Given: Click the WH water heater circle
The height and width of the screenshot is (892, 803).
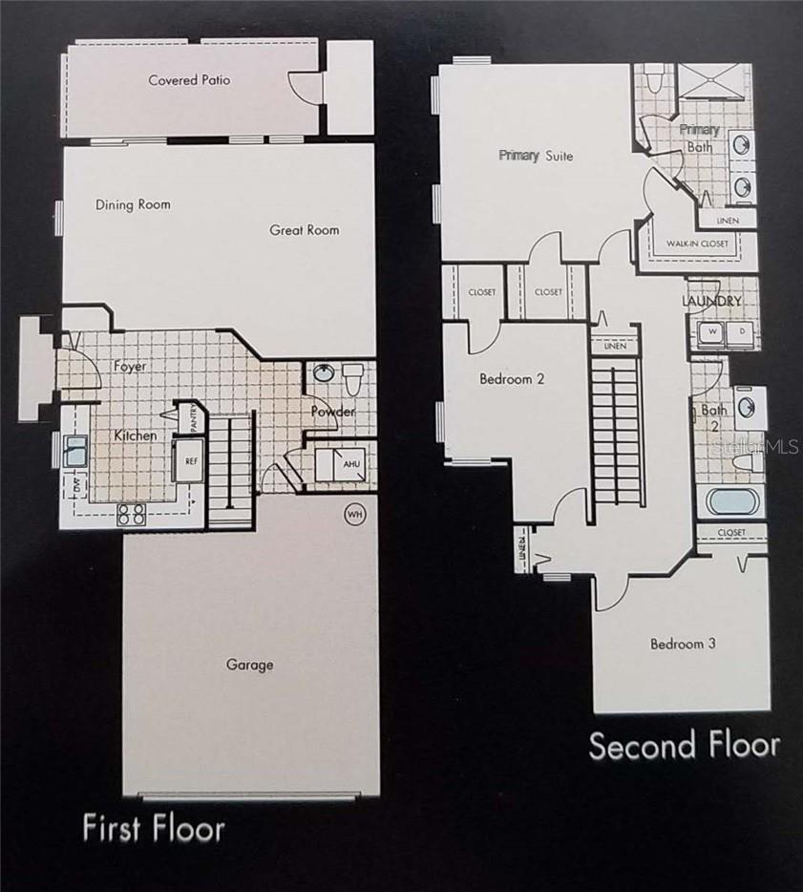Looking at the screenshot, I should pos(355,515).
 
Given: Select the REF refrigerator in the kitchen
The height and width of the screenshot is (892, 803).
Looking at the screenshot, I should pos(191,459).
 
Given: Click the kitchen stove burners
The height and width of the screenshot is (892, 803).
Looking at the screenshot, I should pos(132,514).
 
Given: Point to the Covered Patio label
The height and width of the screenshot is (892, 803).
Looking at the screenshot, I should pos(189,80).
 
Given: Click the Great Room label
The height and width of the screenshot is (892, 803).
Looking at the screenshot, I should pos(304,230).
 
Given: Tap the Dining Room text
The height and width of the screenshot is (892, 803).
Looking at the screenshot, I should pos(133,204).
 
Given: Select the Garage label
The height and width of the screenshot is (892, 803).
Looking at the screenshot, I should pos(249,665).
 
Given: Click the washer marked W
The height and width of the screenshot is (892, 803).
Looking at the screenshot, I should pos(710,332).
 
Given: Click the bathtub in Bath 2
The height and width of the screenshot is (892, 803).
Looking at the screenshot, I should pos(730,500).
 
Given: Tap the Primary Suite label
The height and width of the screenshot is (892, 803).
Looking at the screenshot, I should pos(536,156).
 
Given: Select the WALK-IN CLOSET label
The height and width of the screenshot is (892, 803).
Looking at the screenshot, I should pos(697,244).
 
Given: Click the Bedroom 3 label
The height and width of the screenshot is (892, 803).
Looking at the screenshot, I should pos(683,644).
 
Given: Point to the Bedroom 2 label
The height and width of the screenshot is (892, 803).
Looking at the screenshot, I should pos(512,379).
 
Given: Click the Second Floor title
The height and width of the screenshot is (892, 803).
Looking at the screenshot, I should pos(684,746).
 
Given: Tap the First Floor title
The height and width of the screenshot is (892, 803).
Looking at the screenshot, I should pos(154,827).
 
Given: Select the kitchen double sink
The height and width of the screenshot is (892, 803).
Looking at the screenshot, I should pos(74,452).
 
